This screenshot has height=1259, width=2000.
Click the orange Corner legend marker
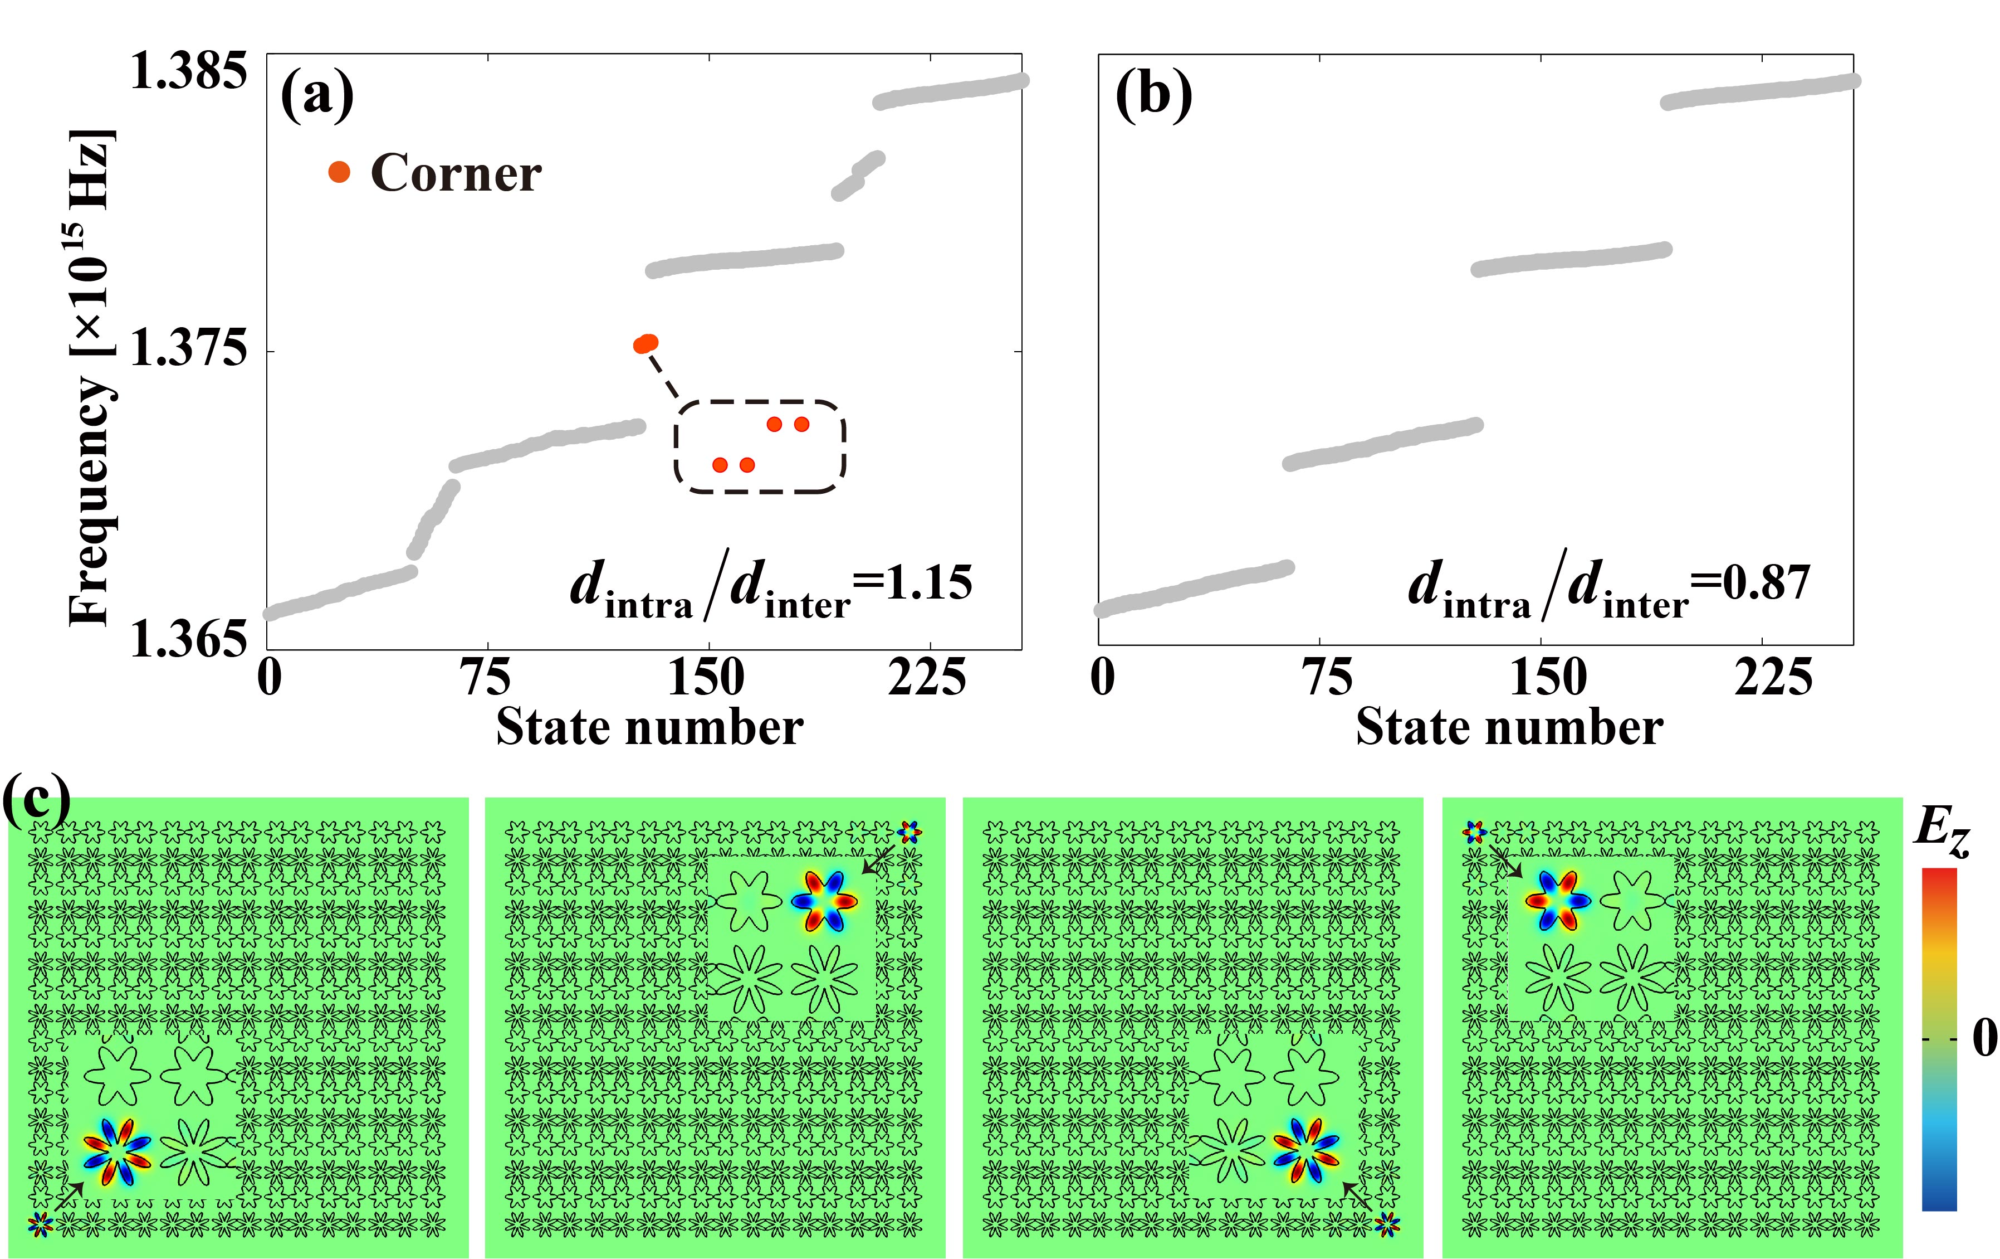(339, 172)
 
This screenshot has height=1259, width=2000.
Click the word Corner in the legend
(456, 174)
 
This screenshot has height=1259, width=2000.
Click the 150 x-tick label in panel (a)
(707, 677)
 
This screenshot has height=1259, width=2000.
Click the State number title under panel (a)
(649, 727)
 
